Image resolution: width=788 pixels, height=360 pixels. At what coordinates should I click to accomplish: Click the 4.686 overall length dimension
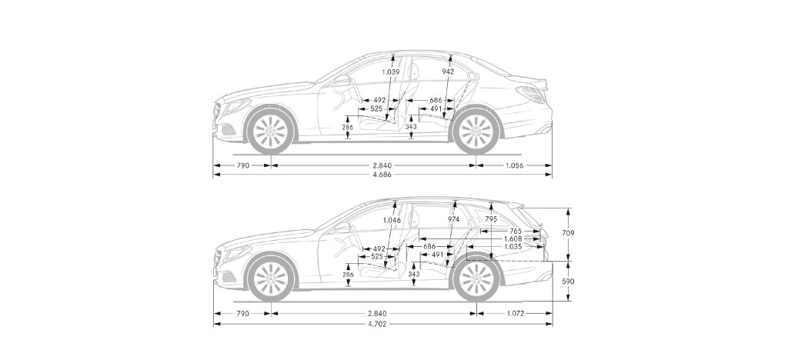[x=382, y=175]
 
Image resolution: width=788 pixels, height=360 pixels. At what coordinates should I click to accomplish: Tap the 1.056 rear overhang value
[x=513, y=165]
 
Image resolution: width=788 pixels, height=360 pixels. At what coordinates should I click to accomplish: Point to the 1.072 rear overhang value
[x=515, y=313]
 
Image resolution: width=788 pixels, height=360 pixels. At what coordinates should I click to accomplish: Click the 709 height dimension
[x=569, y=233]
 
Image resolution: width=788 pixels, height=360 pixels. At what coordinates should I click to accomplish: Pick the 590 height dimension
[x=569, y=282]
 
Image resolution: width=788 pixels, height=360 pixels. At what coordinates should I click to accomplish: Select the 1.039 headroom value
[x=390, y=72]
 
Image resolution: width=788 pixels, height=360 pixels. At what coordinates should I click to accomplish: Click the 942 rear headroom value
[x=448, y=72]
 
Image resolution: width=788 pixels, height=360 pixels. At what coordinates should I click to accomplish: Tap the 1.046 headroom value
[x=392, y=219]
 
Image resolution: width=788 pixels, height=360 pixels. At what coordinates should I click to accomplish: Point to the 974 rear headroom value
[x=453, y=219]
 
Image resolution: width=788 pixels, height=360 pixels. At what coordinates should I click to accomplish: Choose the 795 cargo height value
[x=491, y=219]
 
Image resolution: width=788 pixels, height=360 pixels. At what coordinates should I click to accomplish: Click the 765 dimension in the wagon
[x=515, y=231]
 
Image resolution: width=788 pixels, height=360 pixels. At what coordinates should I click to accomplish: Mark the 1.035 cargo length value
[x=513, y=246]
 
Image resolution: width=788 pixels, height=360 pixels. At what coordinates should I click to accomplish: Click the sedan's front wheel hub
[x=270, y=132]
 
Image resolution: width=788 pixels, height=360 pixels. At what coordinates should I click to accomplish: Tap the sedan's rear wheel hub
[x=476, y=132]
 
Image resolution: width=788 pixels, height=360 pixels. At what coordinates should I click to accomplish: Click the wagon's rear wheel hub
[x=476, y=280]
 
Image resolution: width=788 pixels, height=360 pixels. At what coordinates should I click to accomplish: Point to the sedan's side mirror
[x=341, y=80]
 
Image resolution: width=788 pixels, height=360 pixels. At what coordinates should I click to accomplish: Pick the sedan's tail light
[x=531, y=94]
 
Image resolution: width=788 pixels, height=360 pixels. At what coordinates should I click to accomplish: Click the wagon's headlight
[x=236, y=253]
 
